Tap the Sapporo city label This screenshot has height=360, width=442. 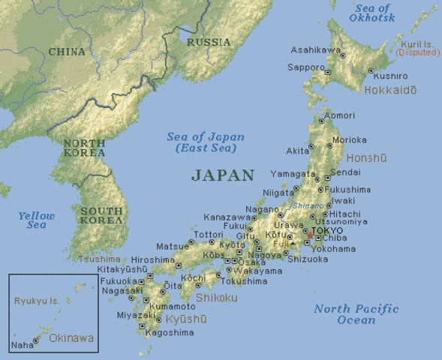pyautogui.click(x=307, y=67)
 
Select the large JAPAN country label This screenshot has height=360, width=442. pyautogui.click(x=223, y=175)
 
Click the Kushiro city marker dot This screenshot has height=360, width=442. pyautogui.click(x=370, y=70)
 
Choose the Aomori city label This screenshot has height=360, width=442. pyautogui.click(x=338, y=115)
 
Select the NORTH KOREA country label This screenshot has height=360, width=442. pyautogui.click(x=84, y=148)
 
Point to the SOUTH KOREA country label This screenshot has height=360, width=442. pyautogui.click(x=102, y=216)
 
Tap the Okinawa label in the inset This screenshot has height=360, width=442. pyautogui.click(x=72, y=338)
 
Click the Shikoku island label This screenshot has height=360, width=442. pyautogui.click(x=216, y=297)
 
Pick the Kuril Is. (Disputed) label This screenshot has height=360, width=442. pyautogui.click(x=412, y=49)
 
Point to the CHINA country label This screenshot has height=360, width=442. pyautogui.click(x=67, y=52)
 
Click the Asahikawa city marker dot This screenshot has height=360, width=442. pyautogui.click(x=342, y=55)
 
